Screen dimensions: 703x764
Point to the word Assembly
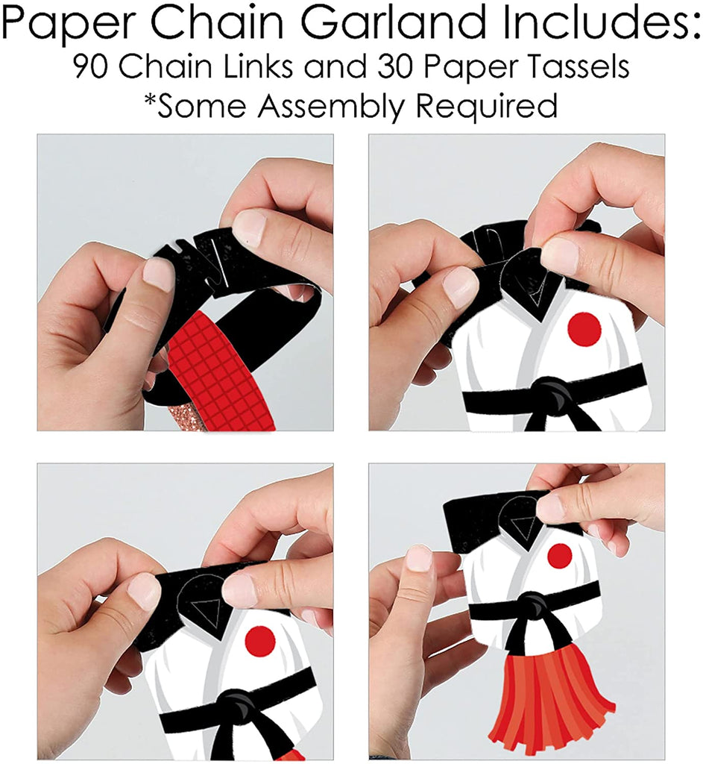(330, 106)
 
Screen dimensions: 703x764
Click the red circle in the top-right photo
(584, 328)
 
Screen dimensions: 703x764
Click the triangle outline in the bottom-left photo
(206, 610)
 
